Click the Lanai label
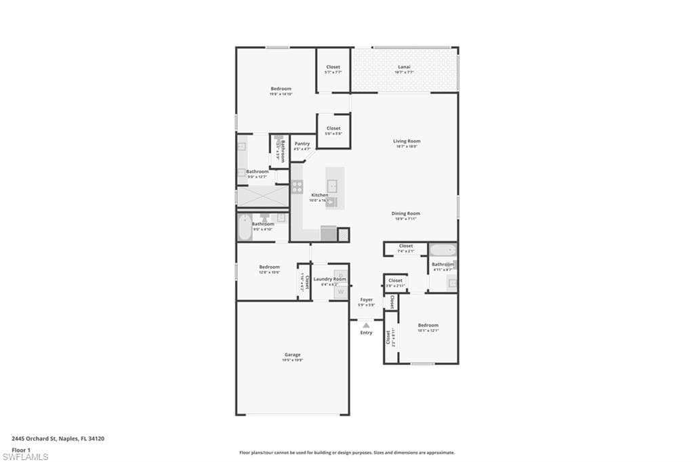404,67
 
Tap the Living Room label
407,142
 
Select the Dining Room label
406,213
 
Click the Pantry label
302,144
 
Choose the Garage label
292,355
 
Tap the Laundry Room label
329,279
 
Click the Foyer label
366,299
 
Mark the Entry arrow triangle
366,325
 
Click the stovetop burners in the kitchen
297,187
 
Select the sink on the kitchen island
333,185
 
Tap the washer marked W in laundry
340,292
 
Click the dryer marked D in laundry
340,276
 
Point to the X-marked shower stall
262,196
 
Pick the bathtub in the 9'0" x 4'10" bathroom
245,228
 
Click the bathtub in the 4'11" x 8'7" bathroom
443,250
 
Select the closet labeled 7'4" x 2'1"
405,249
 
